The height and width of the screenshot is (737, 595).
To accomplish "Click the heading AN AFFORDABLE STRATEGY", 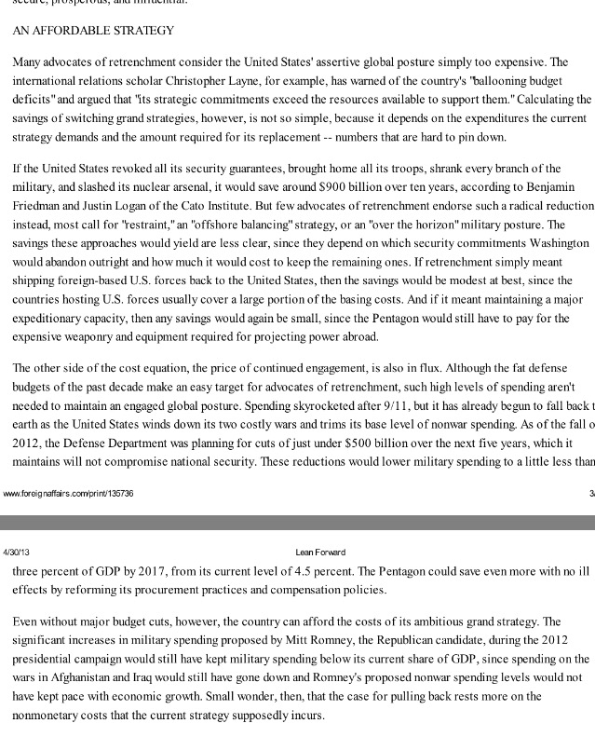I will tap(93, 31).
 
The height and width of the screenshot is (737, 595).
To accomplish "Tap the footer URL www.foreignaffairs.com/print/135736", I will tap(68, 493).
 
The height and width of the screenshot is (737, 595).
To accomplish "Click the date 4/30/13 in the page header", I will tap(17, 553).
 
